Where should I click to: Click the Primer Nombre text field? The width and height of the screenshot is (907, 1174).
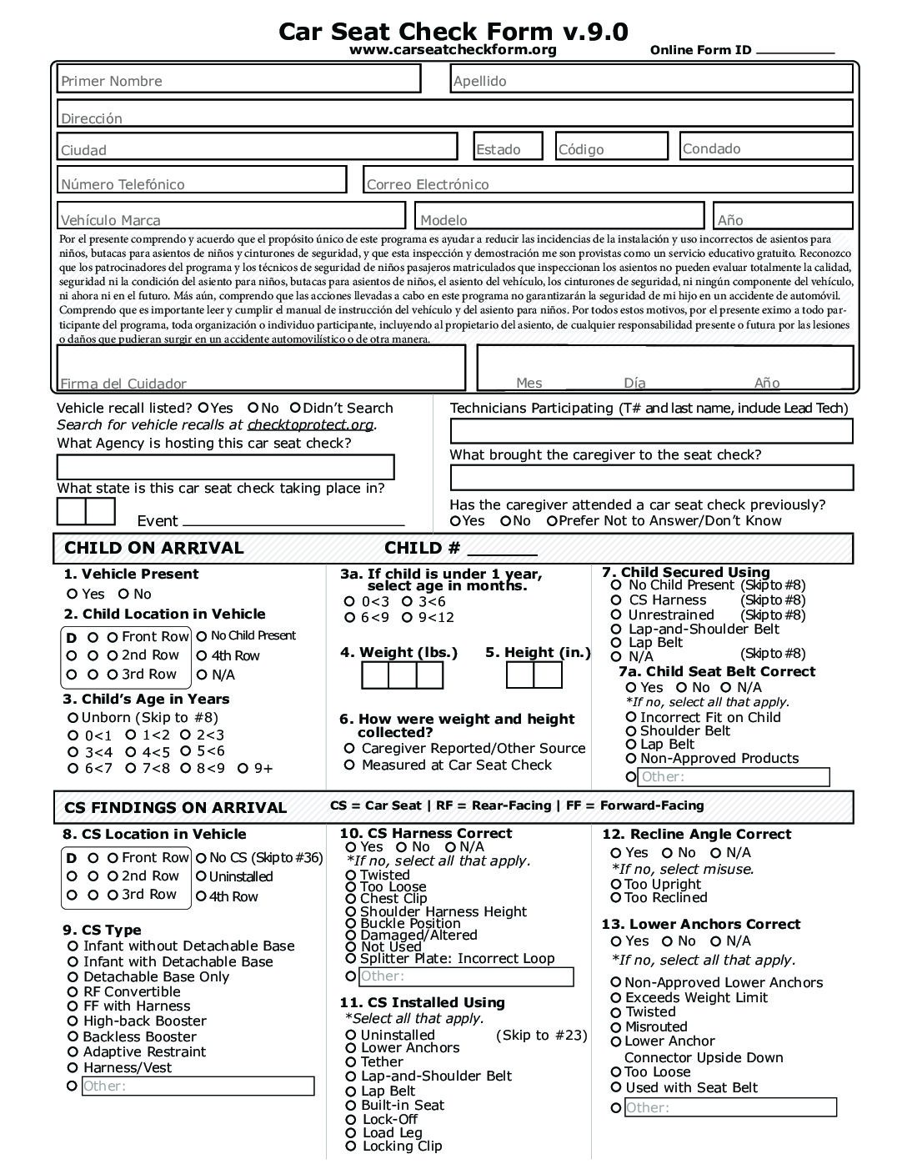239,79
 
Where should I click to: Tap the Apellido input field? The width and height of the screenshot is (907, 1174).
651,79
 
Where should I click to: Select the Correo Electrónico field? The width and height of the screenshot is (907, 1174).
608,180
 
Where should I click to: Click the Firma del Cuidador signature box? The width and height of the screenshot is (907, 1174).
260,368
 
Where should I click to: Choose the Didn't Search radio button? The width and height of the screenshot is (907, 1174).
295,408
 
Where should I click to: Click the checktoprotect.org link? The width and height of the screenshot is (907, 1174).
310,425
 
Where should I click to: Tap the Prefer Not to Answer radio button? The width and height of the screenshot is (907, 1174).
552,521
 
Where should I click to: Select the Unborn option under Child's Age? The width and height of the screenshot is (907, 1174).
73,718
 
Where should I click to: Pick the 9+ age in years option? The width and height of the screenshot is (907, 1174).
243,769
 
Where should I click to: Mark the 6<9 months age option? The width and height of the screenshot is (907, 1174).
349,618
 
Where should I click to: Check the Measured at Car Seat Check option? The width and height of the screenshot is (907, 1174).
349,765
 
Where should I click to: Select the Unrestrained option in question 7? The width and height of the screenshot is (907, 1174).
616,615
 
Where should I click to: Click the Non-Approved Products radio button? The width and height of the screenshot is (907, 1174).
631,759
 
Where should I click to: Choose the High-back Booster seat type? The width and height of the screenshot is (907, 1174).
73,1021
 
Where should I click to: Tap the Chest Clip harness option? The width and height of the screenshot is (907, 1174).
351,899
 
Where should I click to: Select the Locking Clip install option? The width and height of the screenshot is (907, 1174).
351,1146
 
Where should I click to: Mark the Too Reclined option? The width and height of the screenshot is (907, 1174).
616,898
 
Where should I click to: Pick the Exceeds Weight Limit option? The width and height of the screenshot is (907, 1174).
616,998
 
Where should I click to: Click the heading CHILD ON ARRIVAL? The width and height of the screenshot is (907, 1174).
154,548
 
